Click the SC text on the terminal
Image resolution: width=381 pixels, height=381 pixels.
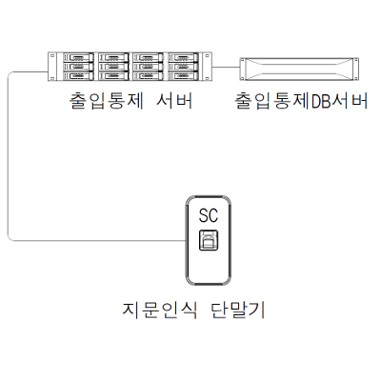coord(209,215)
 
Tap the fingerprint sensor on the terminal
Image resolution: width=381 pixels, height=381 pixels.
coord(209,240)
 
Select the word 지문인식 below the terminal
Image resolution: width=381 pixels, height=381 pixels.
coord(159,310)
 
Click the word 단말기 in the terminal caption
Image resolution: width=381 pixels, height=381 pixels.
coord(238,310)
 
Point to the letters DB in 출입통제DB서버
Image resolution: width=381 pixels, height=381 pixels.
coord(322,102)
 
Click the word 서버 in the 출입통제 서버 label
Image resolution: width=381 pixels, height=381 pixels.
coord(174,101)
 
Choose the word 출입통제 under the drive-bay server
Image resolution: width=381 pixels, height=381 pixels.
coord(107,101)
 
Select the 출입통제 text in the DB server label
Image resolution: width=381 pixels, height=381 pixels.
coord(272,101)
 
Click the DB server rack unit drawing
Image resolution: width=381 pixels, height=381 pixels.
coord(299,69)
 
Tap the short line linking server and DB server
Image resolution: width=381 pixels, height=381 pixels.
coord(226,67)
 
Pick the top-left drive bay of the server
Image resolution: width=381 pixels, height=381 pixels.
coord(78,57)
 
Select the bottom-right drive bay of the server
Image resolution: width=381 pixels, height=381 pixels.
coord(183,75)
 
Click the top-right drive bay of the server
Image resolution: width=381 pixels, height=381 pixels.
coord(183,57)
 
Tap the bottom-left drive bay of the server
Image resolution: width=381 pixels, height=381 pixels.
coord(78,75)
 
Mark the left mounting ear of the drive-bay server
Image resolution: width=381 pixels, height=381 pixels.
coord(52,67)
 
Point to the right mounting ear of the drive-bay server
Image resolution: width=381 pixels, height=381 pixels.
coord(208,67)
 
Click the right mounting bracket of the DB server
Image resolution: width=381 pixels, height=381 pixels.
coord(356,69)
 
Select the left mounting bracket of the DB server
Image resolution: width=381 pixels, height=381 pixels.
coord(242,69)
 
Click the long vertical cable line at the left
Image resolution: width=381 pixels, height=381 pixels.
coord(8,155)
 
